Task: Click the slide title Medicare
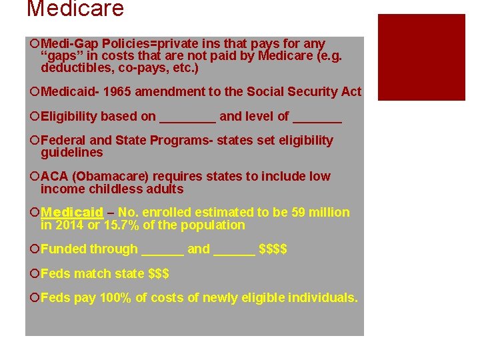coord(75,9)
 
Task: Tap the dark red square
coord(421,57)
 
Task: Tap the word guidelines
coord(72,153)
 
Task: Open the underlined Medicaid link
coord(72,213)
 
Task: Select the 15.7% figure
coord(121,225)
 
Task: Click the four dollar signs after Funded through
coord(273,249)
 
